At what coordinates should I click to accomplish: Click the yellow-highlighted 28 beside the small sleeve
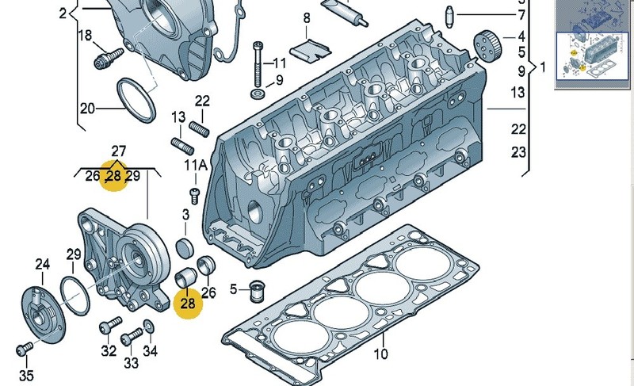(188, 303)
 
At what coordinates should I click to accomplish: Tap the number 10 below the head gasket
(380, 354)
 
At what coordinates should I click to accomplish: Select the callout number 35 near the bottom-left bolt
(26, 376)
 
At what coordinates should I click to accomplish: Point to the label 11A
(196, 165)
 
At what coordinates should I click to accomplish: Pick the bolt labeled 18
(109, 59)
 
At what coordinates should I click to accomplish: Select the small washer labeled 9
(258, 94)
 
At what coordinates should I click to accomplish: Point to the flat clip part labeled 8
(310, 50)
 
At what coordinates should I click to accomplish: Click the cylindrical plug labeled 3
(185, 248)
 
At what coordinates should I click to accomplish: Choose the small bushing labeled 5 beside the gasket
(257, 291)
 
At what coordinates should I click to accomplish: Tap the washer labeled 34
(148, 326)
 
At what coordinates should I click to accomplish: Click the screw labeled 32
(110, 325)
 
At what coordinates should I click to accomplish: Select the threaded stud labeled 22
(200, 129)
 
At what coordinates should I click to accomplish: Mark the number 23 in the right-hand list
(518, 152)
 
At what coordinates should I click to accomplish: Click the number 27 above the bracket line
(118, 151)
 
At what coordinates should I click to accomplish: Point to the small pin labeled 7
(449, 17)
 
